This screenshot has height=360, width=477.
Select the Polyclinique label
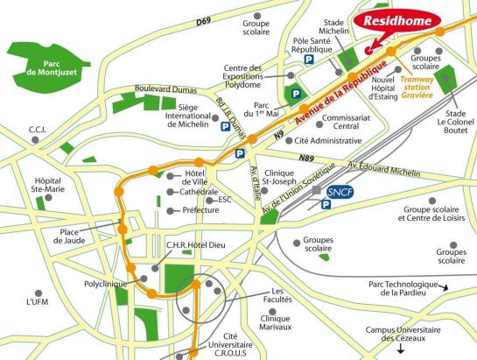pos(104,285)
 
